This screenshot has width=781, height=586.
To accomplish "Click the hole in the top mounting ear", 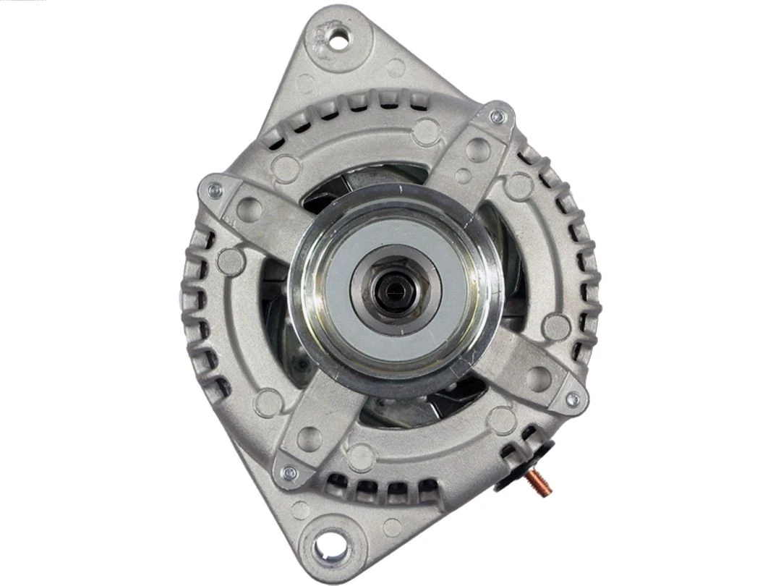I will (x=338, y=41).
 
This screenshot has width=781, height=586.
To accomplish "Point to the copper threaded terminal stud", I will (x=539, y=480).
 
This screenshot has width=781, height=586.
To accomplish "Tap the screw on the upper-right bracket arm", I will (x=497, y=116).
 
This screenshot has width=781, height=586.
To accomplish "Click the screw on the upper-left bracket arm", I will (x=214, y=190).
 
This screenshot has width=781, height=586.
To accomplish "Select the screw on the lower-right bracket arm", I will (x=572, y=399).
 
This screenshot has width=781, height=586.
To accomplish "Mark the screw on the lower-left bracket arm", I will (x=289, y=473).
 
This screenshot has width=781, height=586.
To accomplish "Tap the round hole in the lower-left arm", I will (x=310, y=438).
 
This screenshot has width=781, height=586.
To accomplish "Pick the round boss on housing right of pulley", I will (x=556, y=327).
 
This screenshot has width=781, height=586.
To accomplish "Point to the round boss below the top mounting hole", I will (x=396, y=69).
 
